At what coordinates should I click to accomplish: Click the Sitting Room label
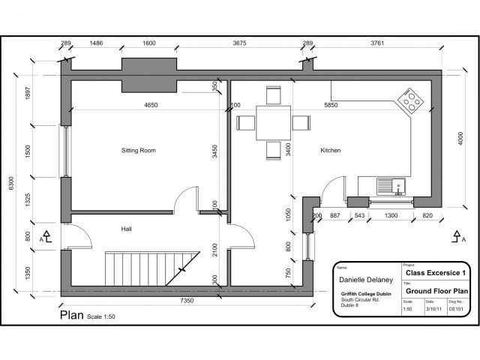pos(138,151)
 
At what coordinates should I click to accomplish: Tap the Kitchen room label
pos(331,151)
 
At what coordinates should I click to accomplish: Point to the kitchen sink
pos(390,184)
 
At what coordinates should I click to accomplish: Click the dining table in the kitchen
pos(272,122)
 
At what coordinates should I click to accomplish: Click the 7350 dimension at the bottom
pos(187,301)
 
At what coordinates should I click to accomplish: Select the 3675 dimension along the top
pos(239,43)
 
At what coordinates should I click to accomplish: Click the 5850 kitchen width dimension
pos(329,106)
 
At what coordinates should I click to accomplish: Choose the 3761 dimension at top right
pos(377,43)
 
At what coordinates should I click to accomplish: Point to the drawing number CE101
pos(455,308)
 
